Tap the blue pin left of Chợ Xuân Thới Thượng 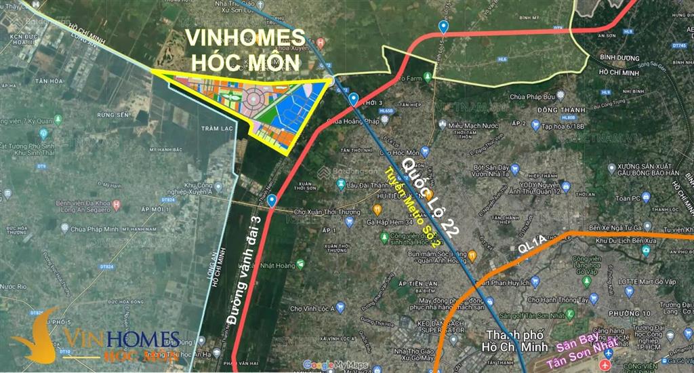271,201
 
